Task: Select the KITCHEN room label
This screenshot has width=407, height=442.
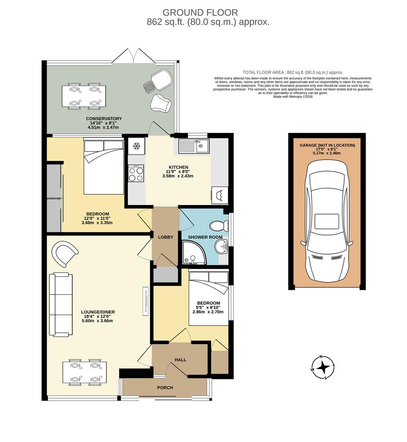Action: (x=177, y=167)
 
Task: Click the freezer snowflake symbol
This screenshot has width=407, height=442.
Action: (x=137, y=146)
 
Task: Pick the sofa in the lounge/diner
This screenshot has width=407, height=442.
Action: (x=61, y=305)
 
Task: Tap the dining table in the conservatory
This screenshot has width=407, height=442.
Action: (x=84, y=96)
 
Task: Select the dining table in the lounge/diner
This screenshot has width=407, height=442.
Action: (x=84, y=372)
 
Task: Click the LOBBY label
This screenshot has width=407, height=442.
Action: (x=166, y=237)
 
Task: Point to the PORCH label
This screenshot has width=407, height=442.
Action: (x=165, y=388)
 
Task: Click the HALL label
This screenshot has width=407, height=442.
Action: (x=180, y=360)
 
